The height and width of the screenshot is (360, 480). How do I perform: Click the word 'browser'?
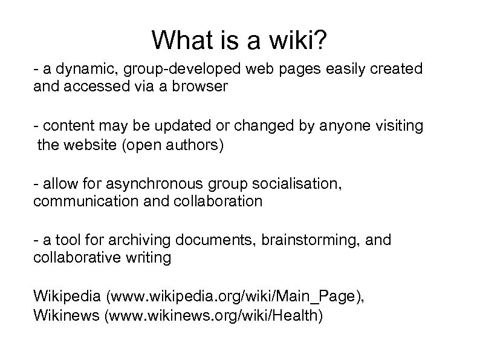tap(197, 87)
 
